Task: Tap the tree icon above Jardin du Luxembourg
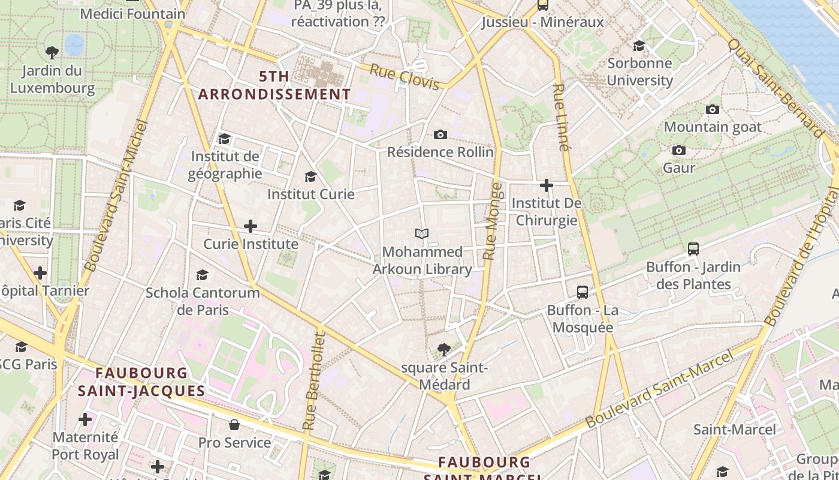[x=52, y=53]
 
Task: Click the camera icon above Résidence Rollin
[x=440, y=134]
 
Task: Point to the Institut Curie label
[x=310, y=194]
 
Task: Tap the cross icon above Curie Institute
[x=251, y=226]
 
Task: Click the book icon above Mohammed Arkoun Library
[x=422, y=233]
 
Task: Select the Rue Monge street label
[x=493, y=221]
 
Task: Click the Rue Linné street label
[x=560, y=117]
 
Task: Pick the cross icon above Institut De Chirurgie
[x=547, y=185]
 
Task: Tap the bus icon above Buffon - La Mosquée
[x=582, y=292]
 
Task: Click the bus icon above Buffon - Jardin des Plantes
[x=693, y=248]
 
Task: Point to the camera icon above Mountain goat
[x=713, y=109]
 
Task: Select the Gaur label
[x=679, y=167]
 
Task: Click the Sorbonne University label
[x=640, y=71]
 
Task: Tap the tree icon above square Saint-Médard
[x=444, y=349]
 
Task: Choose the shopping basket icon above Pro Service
[x=234, y=425]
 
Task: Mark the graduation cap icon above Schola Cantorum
[x=203, y=275]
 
